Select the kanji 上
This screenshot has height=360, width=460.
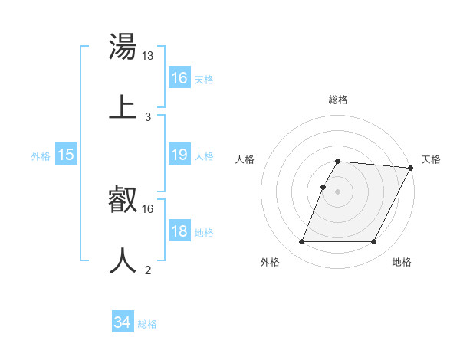tap(123, 106)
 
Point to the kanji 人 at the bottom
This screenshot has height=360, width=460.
tap(123, 260)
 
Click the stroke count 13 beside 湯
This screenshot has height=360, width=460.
tap(148, 55)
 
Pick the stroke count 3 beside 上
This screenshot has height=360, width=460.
tap(147, 116)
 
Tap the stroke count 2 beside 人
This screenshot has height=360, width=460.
tap(147, 270)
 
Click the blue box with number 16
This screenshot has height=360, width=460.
tap(179, 78)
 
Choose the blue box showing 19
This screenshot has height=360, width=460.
tap(179, 155)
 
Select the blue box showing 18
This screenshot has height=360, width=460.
tap(179, 231)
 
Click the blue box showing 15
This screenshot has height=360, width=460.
tap(66, 155)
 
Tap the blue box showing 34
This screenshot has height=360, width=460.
tap(123, 322)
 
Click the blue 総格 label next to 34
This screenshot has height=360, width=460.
tap(147, 324)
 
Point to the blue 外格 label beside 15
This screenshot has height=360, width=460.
tap(41, 156)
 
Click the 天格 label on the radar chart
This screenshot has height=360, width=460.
tap(431, 159)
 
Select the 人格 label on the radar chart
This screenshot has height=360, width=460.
tap(245, 159)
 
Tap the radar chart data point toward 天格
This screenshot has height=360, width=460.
tap(410, 168)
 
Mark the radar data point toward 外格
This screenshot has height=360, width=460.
tap(301, 242)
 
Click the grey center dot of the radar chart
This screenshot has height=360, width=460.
tap(337, 191)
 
